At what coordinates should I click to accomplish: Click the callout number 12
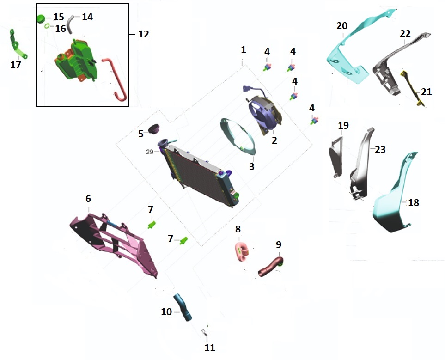[x=144, y=34]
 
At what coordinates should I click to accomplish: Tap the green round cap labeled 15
[x=41, y=18]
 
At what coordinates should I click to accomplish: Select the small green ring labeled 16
[x=47, y=27]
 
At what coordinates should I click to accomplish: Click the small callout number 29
[x=149, y=152]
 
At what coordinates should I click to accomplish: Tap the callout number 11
[x=210, y=348]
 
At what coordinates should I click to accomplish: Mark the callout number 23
[x=380, y=150]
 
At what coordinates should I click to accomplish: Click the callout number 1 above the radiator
[x=244, y=49]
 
